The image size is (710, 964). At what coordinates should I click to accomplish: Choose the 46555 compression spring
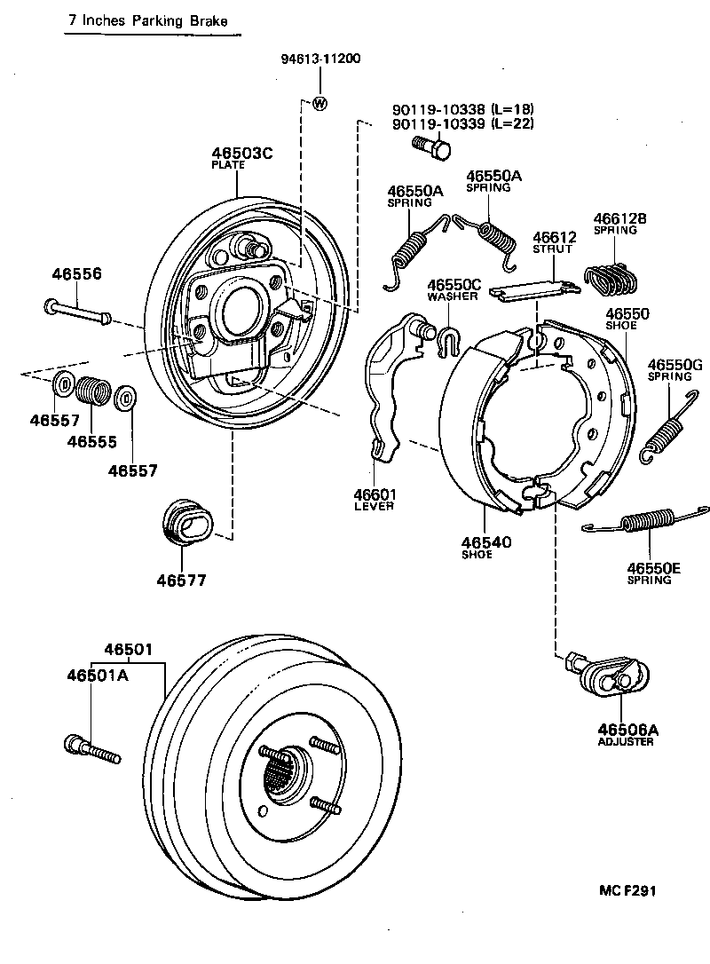coord(91,391)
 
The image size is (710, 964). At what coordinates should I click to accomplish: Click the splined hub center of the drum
coord(282,770)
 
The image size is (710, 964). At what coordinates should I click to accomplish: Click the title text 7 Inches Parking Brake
coord(150,20)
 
